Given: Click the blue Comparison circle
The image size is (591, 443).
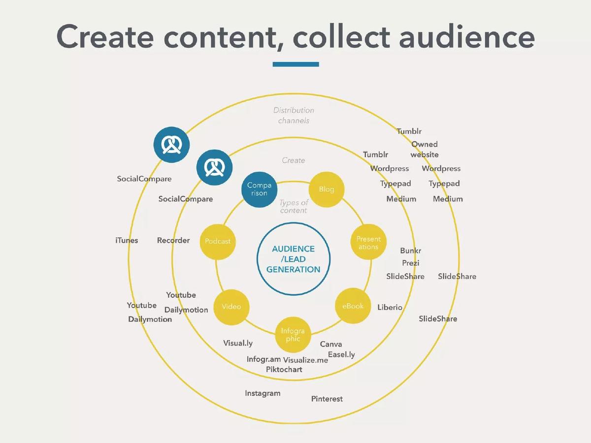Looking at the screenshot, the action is (259, 190).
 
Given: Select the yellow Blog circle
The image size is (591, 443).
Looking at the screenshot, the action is (327, 190).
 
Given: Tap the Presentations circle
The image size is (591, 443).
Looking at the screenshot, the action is (368, 242).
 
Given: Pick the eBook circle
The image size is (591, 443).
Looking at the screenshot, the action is (353, 306).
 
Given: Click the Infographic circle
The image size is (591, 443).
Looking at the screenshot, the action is (293, 335).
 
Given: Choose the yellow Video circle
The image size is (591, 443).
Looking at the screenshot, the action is (231, 307).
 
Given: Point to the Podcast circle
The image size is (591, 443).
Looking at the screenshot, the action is (218, 242).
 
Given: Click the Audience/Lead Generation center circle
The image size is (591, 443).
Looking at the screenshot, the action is (294, 259).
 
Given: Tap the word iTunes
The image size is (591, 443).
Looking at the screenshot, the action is (127, 240).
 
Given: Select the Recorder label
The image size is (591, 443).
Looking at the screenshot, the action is (173, 240).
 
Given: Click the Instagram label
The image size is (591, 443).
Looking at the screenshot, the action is (263, 393).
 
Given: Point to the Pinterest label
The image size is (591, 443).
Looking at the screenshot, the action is (327, 399).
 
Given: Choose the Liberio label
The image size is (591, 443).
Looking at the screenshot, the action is (390, 307).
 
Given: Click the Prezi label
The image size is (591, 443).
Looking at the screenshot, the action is (410, 263).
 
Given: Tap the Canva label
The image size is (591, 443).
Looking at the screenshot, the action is (331, 344).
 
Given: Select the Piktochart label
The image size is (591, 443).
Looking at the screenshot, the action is (284, 369).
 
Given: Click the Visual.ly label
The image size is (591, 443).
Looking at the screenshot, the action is (238, 343).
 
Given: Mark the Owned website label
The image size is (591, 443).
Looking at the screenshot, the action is (425, 149).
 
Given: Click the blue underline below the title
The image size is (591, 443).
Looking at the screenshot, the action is (295, 64).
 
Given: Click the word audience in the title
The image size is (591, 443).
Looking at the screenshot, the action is (466, 36).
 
